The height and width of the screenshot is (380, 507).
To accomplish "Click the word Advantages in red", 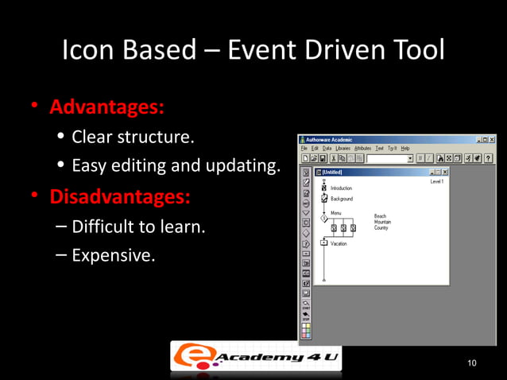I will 108,106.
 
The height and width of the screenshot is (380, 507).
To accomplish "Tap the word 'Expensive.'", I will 114,256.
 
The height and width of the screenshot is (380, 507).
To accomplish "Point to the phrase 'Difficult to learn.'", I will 139,227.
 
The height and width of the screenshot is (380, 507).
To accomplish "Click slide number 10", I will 472,363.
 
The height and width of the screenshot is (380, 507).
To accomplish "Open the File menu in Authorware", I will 304,148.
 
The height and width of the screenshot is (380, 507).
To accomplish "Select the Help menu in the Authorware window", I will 405,148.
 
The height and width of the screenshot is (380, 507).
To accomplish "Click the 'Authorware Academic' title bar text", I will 329,139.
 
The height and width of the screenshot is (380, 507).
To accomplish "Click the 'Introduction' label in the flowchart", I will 341,188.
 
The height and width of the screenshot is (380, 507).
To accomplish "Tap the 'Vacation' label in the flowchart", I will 339,244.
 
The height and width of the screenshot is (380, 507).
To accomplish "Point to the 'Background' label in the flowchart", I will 342,199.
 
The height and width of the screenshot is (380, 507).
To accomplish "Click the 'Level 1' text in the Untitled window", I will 436,182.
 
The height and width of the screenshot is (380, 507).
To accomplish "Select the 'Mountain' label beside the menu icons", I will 383,222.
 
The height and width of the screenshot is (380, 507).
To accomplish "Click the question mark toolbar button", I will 488,158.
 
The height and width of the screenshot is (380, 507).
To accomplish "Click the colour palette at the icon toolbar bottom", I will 306,328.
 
